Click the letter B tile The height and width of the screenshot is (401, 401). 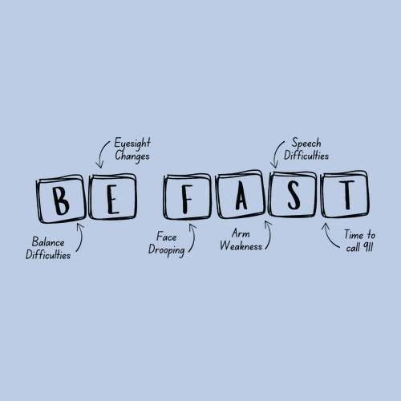62,199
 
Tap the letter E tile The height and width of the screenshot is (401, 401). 113,196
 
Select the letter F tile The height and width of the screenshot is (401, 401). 188,196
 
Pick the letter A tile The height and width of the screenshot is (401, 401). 241,194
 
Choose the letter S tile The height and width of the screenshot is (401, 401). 293,194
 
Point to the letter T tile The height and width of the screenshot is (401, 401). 346,194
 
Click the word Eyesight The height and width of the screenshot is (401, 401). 132,144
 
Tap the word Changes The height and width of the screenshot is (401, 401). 132,156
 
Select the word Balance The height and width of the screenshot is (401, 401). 48,242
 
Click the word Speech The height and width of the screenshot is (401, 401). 306,143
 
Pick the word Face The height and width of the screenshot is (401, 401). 166,237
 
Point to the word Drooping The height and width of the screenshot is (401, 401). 167,250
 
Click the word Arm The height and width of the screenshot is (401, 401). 241,233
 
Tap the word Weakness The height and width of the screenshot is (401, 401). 241,245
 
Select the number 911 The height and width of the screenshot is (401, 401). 367,247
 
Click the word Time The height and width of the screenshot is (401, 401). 354,234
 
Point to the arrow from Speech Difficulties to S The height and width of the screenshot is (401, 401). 276,153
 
